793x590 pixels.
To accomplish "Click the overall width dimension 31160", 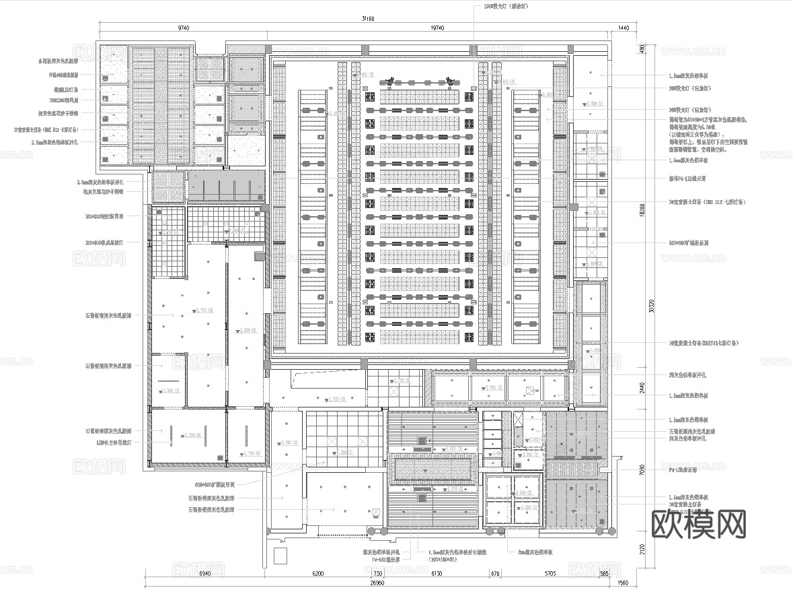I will coord(367,18).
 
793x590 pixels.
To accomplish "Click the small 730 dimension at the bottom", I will coord(377,573).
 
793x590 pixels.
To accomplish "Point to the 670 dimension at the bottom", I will coord(495,573).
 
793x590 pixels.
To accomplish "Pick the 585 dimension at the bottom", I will coord(605,573).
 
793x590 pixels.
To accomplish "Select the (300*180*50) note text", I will coord(447,559).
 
